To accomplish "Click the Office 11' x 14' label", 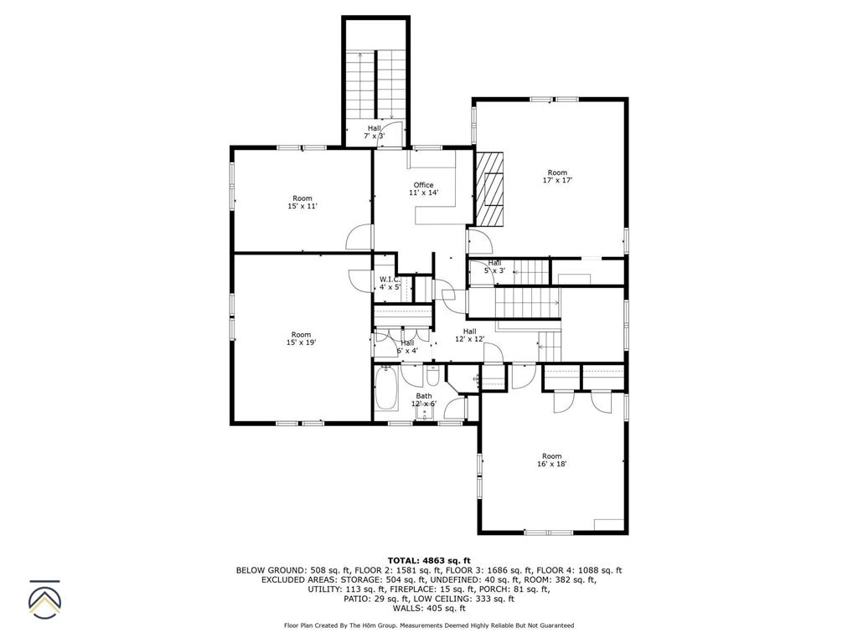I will click(423, 189).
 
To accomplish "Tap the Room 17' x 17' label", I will click(557, 177).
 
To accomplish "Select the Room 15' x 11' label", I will click(302, 202).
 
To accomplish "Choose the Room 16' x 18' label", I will click(551, 460).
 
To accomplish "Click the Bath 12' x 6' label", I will click(424, 399).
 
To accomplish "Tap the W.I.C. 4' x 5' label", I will click(390, 283).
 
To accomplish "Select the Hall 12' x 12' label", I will click(469, 335).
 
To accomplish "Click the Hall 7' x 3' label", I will click(374, 131).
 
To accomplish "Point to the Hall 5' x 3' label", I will click(494, 266).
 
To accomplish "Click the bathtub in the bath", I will click(386, 389).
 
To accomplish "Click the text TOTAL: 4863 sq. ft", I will click(429, 560).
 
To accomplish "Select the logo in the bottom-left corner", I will click(45, 599).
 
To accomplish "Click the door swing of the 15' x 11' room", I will click(359, 237).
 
